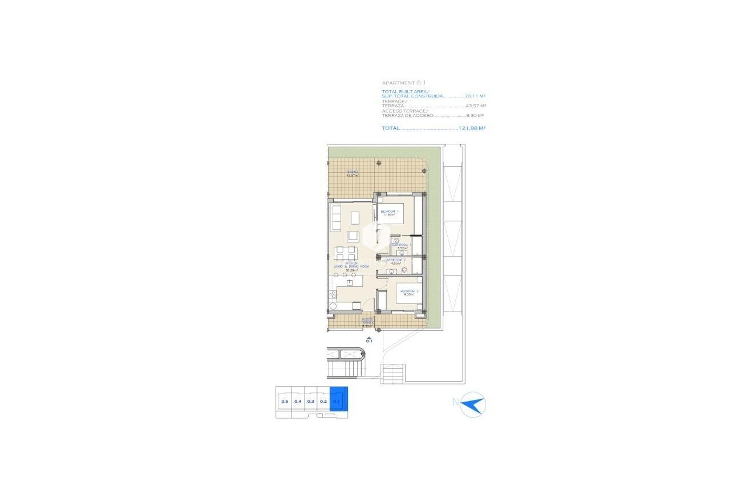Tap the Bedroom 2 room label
pos(409,293)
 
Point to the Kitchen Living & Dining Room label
pos(351,266)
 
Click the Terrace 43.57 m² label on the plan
pos(352,173)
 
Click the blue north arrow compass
pos(473,404)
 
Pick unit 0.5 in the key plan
pos(284,401)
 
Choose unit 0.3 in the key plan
pos(310,401)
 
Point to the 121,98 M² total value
pos(472,128)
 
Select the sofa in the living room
pos(335,218)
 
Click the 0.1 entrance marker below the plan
pos(369,341)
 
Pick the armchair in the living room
pos(354,236)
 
